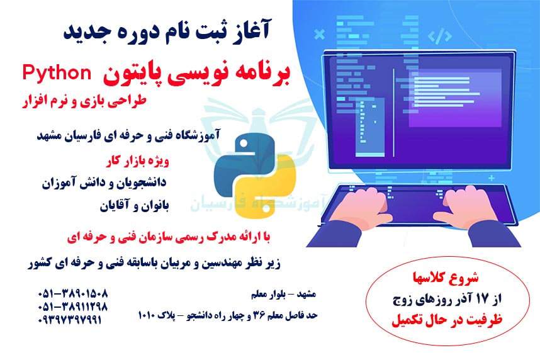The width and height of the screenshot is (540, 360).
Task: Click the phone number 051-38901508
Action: pos(73,294)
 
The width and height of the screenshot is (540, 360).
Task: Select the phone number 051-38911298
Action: pos(73,307)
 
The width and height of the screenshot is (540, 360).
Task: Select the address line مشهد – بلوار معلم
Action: pos(282,294)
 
